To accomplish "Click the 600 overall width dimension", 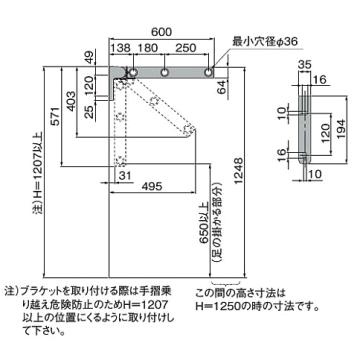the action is tap(161, 32).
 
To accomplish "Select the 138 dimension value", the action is tap(120, 48).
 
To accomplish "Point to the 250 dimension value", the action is tap(185, 48).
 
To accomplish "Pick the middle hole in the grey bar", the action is tap(165, 73).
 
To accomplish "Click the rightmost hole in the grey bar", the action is tap(208, 73).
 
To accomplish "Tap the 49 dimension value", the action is tap(90, 57).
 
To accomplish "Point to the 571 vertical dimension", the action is tap(56, 117).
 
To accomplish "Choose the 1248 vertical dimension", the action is tap(239, 170).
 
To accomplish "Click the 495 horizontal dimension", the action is tap(152, 186).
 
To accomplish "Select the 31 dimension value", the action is tap(126, 175).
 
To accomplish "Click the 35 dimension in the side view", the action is tap(305, 63).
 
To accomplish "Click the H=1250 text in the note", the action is tap(216, 305).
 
